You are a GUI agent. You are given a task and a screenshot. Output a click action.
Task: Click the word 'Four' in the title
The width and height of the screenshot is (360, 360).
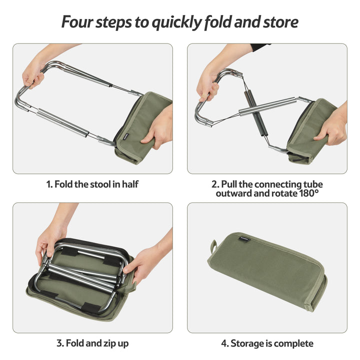point(78,22)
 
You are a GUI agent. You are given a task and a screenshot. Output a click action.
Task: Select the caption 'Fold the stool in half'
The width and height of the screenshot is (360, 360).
point(92,184)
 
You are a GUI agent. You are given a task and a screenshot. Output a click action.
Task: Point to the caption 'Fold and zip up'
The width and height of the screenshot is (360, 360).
point(92,343)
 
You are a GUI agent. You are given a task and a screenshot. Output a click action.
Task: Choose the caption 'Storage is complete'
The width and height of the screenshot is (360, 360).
point(267,343)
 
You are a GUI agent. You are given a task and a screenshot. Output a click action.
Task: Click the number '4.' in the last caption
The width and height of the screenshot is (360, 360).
point(225,343)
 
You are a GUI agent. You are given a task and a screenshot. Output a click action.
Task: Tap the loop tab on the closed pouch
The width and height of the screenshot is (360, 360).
point(213,246)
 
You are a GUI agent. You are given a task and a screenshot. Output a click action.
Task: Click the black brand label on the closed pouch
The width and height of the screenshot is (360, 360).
point(246,238)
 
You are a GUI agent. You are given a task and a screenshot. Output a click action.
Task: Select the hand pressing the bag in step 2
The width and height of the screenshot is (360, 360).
point(332,127)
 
